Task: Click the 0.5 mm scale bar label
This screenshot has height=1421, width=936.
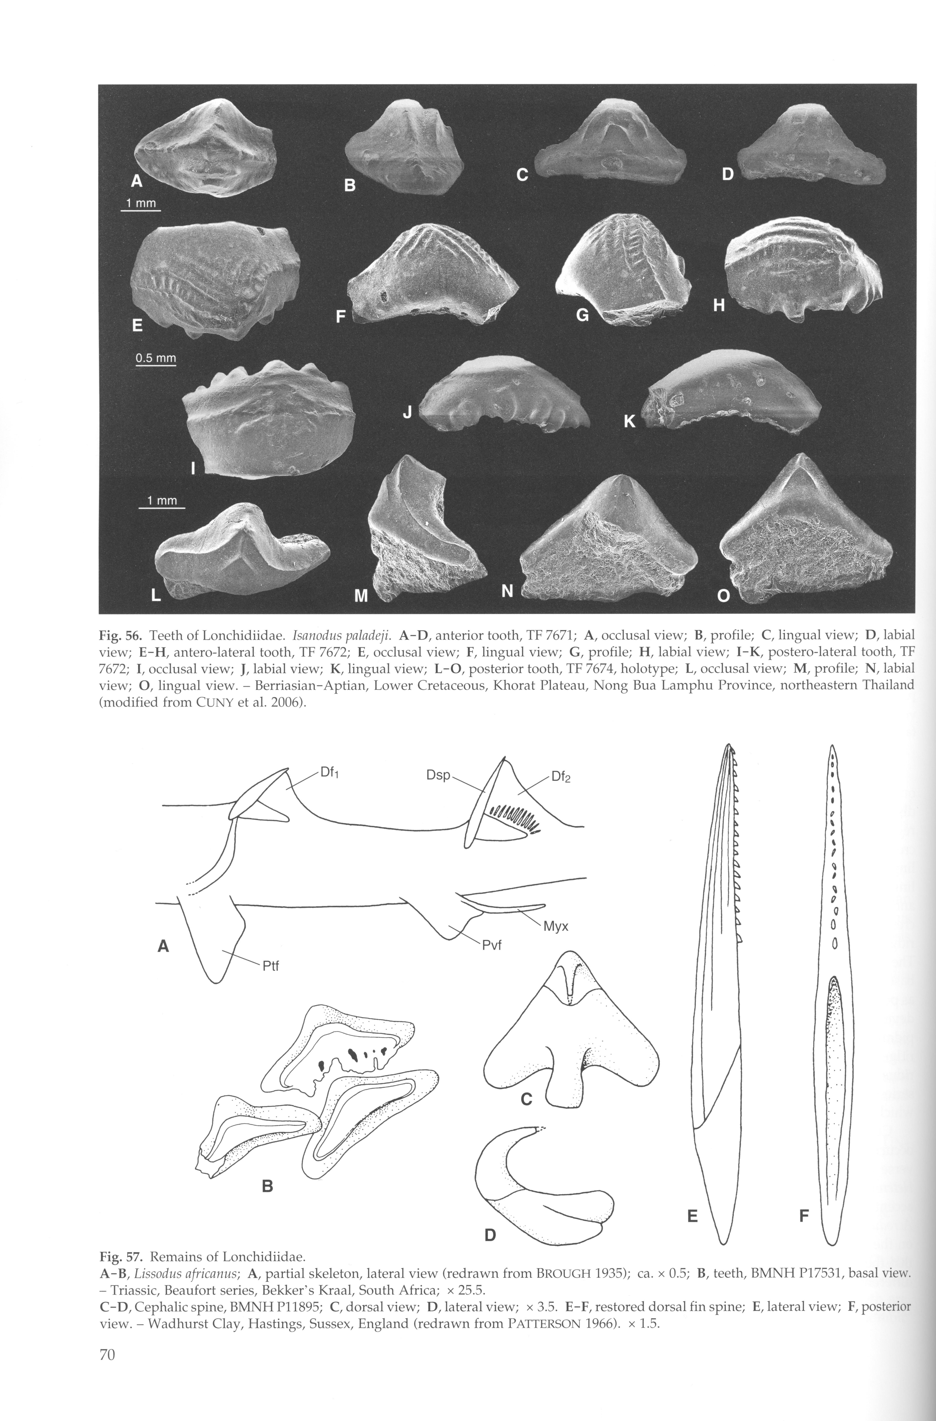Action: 155,358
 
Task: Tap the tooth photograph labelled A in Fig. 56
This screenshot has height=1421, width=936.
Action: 206,148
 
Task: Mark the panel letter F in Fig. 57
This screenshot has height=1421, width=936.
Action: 804,1215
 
